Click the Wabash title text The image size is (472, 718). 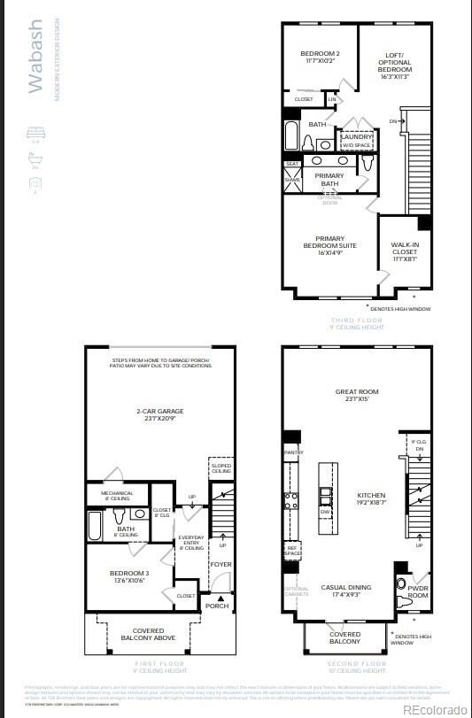[x=36, y=58]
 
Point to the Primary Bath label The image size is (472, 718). [x=329, y=180]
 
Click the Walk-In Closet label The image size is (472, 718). [x=405, y=252]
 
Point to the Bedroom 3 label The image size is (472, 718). [x=129, y=576]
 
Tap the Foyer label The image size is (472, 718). [x=221, y=564]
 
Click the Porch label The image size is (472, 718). [x=217, y=606]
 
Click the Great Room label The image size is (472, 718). [x=357, y=395]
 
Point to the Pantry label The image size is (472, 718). [x=295, y=452]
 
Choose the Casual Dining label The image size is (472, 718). [x=345, y=591]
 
